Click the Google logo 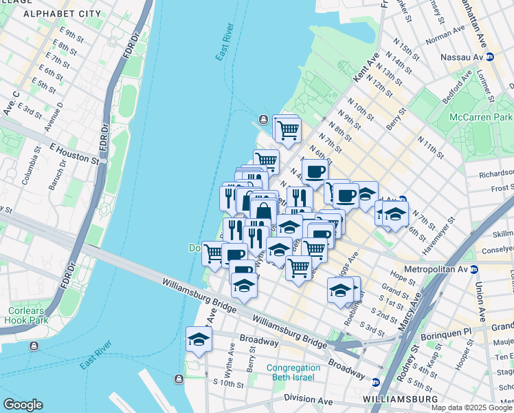click(x=23, y=405)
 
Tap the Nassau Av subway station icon click(x=490, y=58)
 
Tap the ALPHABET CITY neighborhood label click(x=62, y=14)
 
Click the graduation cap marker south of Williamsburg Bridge click(x=199, y=339)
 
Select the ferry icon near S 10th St click(x=179, y=377)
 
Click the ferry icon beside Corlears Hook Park click(x=34, y=346)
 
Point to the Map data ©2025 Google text click(x=471, y=407)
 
